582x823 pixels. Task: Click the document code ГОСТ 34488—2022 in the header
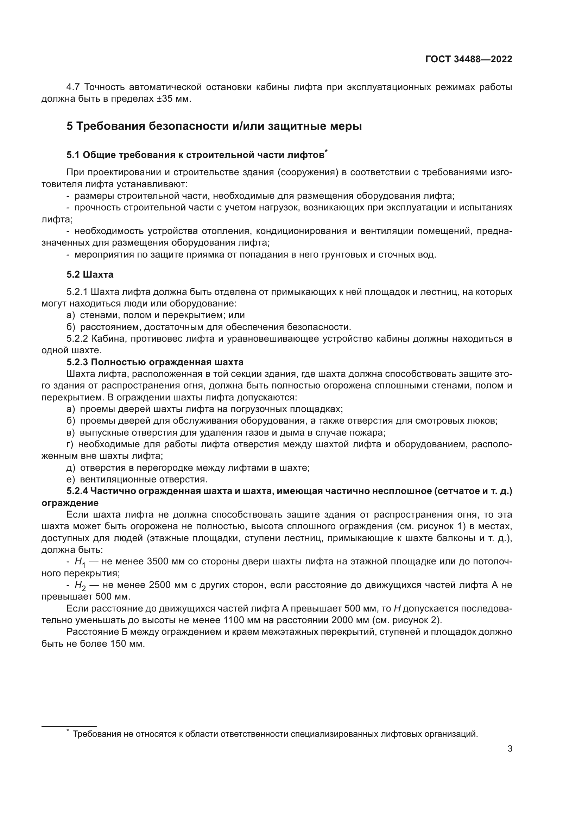point(469,59)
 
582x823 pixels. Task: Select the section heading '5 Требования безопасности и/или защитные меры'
point(214,126)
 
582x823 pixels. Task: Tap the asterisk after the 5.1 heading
point(326,152)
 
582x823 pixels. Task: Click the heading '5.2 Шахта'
point(90,274)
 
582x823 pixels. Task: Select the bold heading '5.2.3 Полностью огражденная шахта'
point(155,362)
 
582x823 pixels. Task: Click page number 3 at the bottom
point(510,748)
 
